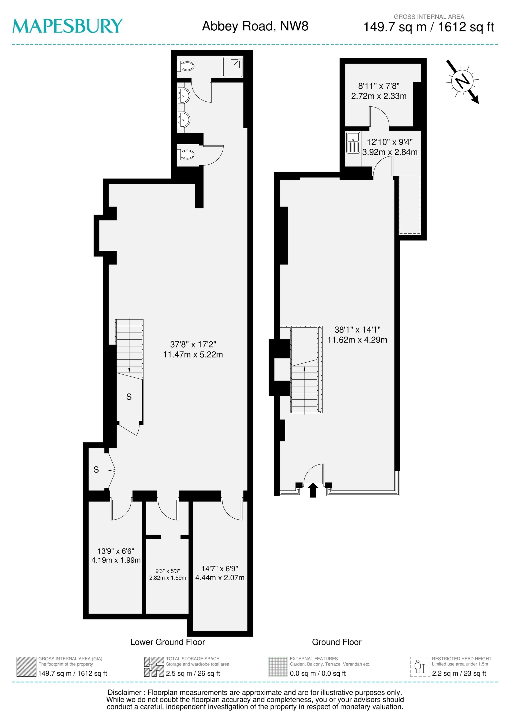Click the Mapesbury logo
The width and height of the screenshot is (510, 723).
tap(67, 26)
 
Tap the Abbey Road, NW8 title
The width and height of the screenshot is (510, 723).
tap(255, 26)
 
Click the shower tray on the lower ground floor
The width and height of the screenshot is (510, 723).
tap(233, 67)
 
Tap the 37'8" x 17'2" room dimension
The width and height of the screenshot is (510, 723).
tap(193, 350)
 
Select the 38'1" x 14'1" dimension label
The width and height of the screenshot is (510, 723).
tap(357, 335)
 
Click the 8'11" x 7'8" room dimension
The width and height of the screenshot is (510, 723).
tap(379, 91)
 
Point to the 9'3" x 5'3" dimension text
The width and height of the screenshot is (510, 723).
tap(168, 574)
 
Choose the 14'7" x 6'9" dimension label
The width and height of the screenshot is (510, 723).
tap(219, 573)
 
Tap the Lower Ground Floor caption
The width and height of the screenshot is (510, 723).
tap(167, 642)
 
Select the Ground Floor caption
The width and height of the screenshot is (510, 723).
tap(337, 642)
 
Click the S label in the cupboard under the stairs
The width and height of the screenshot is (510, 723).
tap(129, 397)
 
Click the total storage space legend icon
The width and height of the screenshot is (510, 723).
tap(154, 667)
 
